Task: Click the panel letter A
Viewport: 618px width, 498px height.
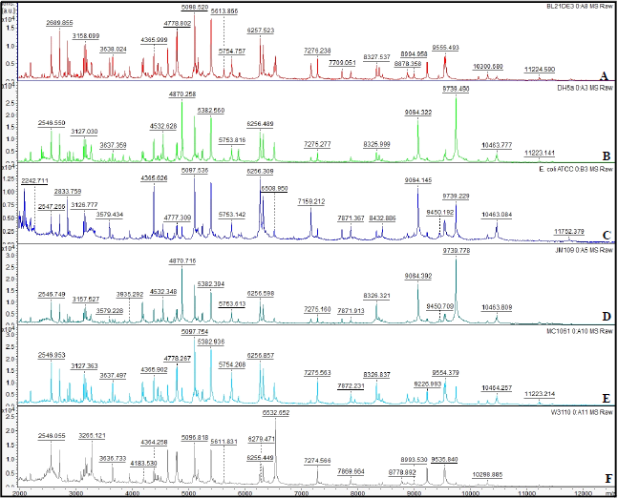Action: pos(603,74)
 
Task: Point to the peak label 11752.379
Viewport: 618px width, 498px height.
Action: pos(572,230)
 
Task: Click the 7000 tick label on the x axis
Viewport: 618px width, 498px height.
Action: pos(302,493)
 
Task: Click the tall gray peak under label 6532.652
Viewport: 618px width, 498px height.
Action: pos(277,448)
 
